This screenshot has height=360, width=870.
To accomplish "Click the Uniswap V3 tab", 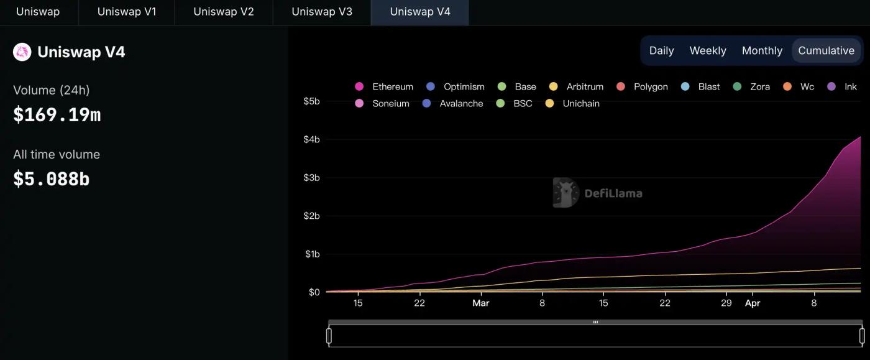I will tap(321, 12).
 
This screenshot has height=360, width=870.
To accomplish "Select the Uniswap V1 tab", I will tap(127, 12).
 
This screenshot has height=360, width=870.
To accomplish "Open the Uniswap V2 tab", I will tap(224, 12).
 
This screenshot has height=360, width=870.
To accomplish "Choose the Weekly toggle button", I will tap(708, 50).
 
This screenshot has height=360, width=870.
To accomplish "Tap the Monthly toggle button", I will tap(762, 50).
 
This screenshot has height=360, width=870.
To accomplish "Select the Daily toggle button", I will tap(661, 50).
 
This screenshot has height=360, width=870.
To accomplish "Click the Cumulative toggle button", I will tap(826, 50).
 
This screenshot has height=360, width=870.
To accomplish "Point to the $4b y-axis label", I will tap(311, 139).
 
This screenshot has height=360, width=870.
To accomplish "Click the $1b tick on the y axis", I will tap(311, 254).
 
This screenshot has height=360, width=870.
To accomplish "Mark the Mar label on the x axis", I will tap(480, 303).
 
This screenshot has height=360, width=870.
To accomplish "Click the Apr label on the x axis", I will tap(753, 303).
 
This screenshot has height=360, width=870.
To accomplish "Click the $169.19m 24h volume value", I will tap(57, 114).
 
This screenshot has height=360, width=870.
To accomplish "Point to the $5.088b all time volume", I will tap(52, 179).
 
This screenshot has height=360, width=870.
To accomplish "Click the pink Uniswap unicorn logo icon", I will tap(22, 52).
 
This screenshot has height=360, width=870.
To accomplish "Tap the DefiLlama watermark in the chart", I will tap(598, 193).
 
